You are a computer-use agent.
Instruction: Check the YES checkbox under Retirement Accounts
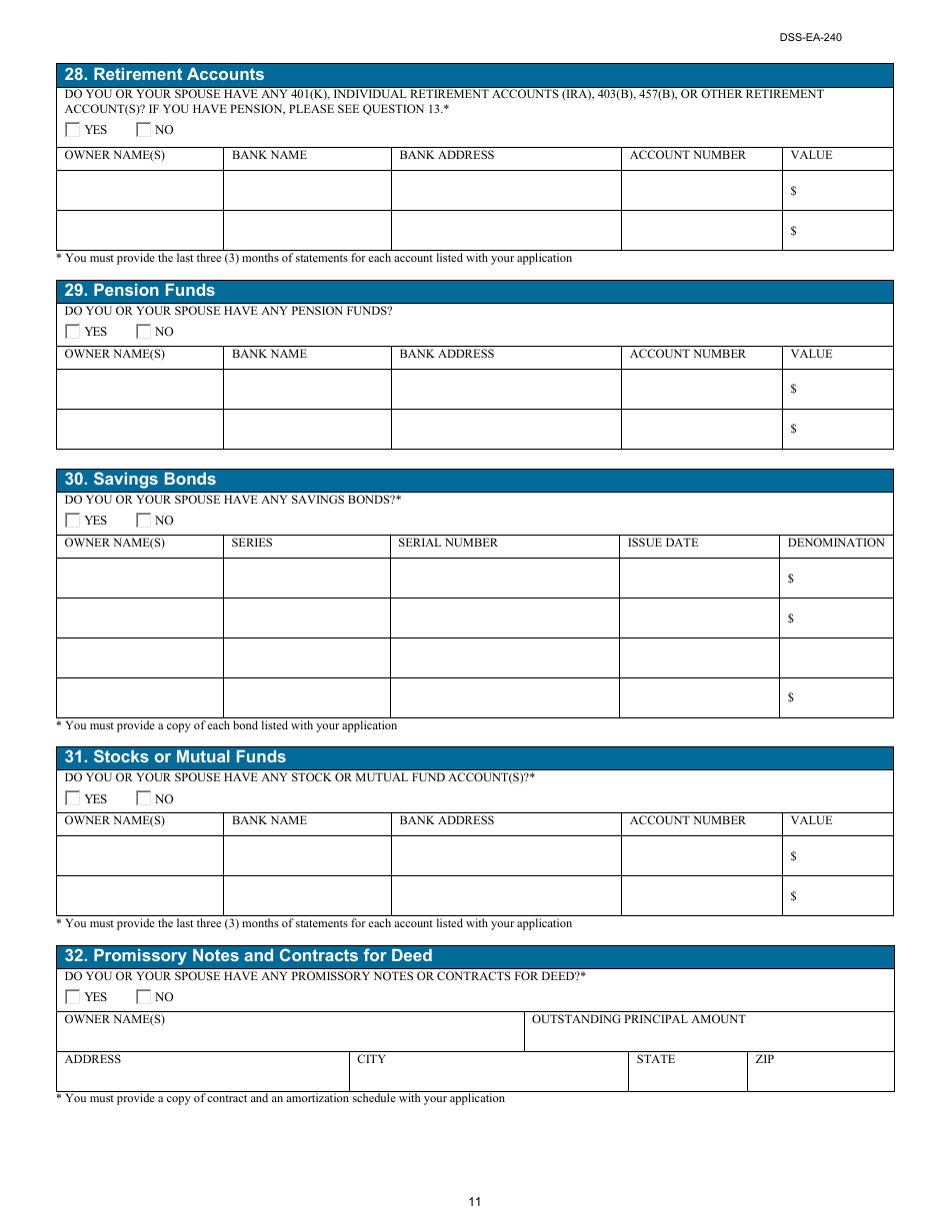tap(73, 130)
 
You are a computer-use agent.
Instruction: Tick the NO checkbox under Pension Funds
tap(144, 332)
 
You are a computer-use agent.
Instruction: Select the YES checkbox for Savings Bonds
tap(73, 521)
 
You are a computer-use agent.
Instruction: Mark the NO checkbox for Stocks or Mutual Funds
tap(144, 799)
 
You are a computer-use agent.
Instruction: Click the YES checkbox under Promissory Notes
tap(73, 997)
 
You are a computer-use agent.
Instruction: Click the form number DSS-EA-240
tap(811, 38)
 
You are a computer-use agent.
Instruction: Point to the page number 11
tap(474, 1202)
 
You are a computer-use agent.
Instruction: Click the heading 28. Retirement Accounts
tap(164, 75)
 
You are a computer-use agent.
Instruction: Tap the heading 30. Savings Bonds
tap(140, 480)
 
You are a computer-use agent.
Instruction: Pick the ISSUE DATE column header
tap(662, 544)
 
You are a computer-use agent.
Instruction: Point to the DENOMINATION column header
tap(836, 544)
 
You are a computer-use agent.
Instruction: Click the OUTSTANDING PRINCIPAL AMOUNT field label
tap(638, 1020)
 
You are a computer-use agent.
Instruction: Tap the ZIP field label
tap(764, 1060)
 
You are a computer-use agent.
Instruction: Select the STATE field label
tap(655, 1060)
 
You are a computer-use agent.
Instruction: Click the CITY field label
tap(371, 1060)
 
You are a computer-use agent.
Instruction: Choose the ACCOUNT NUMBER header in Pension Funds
tap(687, 355)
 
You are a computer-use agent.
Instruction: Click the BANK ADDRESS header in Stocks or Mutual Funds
tap(446, 821)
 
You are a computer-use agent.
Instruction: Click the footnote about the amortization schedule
tap(280, 1099)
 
